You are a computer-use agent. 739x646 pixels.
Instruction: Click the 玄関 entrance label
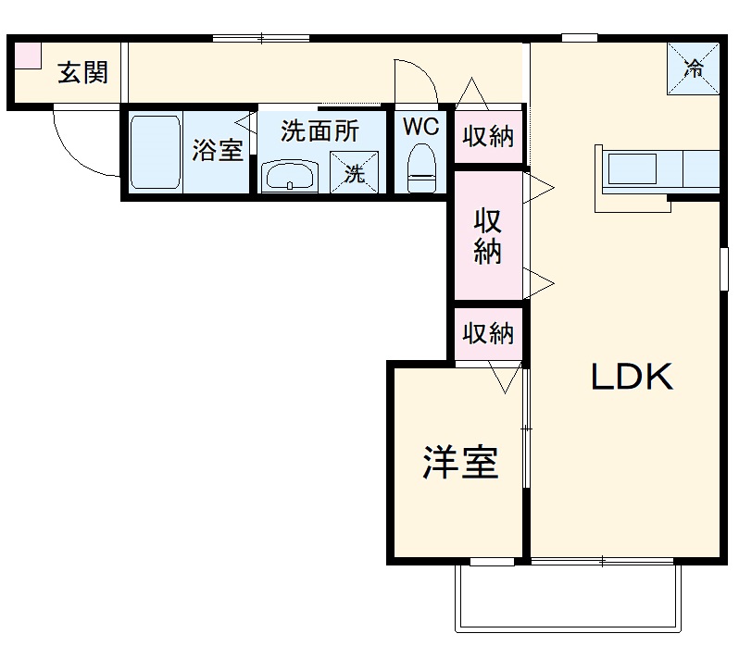point(82,72)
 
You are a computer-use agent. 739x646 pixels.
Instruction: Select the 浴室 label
point(217,151)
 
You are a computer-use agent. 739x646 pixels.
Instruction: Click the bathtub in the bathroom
point(155,152)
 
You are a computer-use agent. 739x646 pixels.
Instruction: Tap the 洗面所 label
point(319,131)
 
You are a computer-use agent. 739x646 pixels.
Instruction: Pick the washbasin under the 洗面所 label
point(290,176)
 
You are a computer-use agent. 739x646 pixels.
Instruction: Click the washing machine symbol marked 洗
point(356,171)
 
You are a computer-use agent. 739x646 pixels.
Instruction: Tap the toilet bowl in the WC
point(421,167)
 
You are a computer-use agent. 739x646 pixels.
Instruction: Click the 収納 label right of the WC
point(488,136)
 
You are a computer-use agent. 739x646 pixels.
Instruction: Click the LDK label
point(632,377)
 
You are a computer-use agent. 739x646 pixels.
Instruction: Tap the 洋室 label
point(460,463)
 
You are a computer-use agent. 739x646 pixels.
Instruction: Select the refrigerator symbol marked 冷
point(693,67)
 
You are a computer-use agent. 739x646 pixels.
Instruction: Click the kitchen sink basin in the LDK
point(632,170)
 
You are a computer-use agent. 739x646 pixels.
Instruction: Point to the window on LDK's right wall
point(721,268)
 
